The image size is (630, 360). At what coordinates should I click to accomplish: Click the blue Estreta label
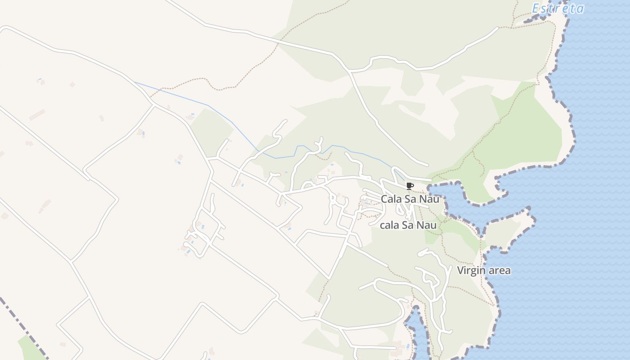click(558, 9)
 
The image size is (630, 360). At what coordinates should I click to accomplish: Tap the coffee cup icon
click(409, 186)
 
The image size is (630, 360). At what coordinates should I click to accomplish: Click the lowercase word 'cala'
click(390, 225)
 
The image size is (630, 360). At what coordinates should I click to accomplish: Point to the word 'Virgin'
click(471, 270)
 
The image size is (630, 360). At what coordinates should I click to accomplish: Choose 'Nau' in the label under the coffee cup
click(429, 199)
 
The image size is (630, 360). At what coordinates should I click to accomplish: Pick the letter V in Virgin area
click(460, 270)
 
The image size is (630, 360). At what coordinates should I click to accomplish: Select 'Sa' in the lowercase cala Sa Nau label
click(408, 225)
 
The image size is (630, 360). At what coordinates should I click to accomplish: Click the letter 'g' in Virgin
click(476, 272)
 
